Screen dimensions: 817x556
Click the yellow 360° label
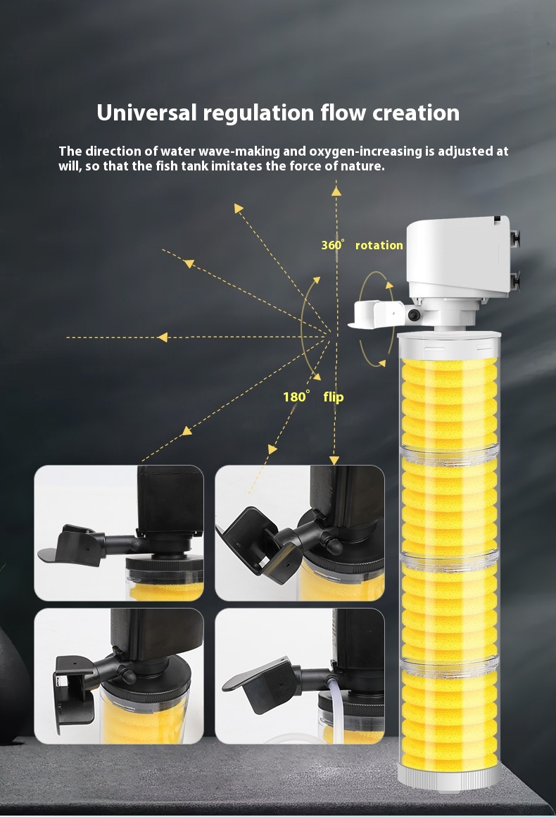point(333,245)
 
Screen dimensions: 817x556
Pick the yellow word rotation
point(379,245)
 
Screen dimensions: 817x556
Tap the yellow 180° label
point(296,397)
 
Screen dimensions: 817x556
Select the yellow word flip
point(334,397)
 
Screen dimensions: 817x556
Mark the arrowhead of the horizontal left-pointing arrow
point(163,337)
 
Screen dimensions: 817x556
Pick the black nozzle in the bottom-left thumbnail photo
point(74,687)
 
